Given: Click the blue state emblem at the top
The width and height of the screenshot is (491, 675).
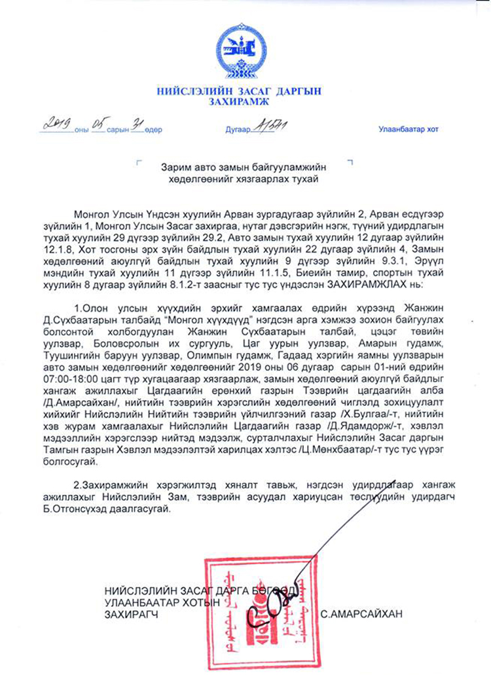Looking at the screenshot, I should tap(242, 50).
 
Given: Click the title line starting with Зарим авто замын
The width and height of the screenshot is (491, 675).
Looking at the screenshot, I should tap(242, 168).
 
